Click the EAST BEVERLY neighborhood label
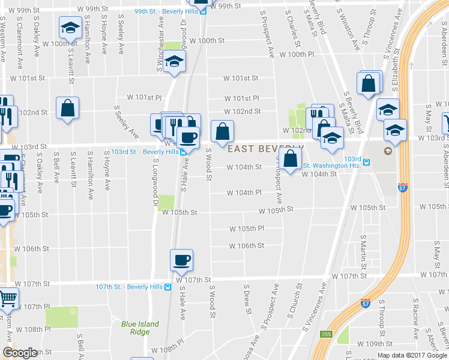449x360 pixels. [x=264, y=148]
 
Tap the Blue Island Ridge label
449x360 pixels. [x=140, y=328]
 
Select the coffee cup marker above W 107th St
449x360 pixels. [x=181, y=260]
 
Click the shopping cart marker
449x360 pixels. [x=7, y=297]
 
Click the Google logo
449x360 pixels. [x=20, y=353]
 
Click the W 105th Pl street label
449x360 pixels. [x=247, y=229]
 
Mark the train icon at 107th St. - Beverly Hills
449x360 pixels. [x=168, y=286]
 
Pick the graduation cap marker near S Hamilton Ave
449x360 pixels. [x=70, y=27]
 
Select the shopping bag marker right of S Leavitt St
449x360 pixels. [x=67, y=109]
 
